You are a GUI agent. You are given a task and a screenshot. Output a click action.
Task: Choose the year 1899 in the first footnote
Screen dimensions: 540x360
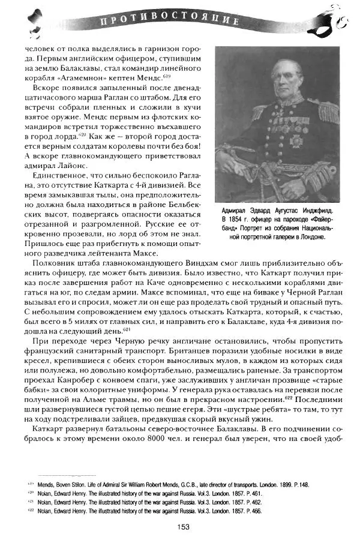click(x=280, y=484)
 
